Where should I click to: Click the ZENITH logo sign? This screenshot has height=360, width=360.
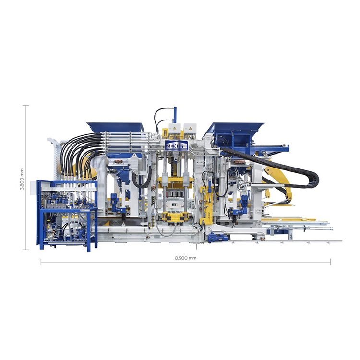pyautogui.click(x=177, y=145)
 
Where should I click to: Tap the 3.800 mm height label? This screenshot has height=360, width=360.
pyautogui.click(x=22, y=180)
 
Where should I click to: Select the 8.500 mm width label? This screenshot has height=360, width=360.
pyautogui.click(x=185, y=258)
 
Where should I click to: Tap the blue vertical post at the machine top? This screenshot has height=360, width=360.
pyautogui.click(x=175, y=115)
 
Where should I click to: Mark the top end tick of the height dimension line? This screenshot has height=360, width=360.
pyautogui.click(x=26, y=106)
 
